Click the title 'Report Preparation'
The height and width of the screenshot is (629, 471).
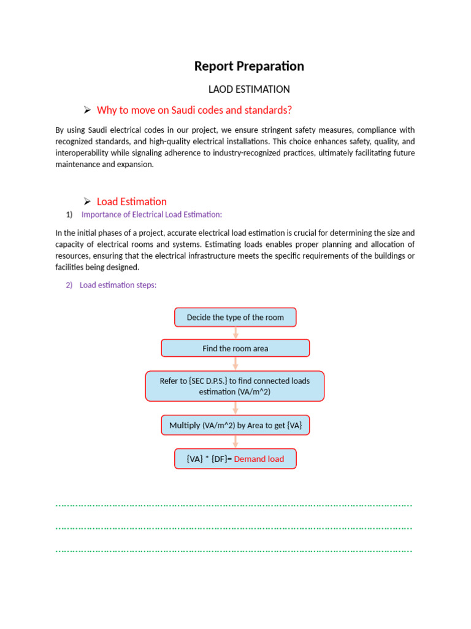pyautogui.click(x=249, y=66)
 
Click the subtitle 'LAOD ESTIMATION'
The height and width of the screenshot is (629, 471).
pyautogui.click(x=249, y=89)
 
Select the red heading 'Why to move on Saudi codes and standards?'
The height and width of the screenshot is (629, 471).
pyautogui.click(x=194, y=110)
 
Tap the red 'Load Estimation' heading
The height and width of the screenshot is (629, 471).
pyautogui.click(x=132, y=201)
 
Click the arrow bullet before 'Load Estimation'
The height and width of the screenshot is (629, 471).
pyautogui.click(x=87, y=201)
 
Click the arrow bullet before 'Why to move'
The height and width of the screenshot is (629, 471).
pyautogui.click(x=87, y=110)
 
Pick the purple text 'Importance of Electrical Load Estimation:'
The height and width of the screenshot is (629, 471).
pyautogui.click(x=151, y=214)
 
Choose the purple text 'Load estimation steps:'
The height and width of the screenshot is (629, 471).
pyautogui.click(x=118, y=285)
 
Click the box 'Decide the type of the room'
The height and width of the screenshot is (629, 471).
pyautogui.click(x=235, y=318)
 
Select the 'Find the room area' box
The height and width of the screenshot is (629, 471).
pyautogui.click(x=235, y=348)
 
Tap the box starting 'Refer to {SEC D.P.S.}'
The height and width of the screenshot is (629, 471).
pyautogui.click(x=235, y=386)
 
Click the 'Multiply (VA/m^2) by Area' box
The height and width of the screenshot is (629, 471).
pyautogui.click(x=235, y=425)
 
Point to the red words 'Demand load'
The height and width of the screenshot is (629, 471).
pyautogui.click(x=259, y=459)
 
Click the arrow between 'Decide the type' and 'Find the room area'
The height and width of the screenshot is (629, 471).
pyautogui.click(x=235, y=333)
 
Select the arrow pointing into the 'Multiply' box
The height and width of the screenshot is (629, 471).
pyautogui.click(x=235, y=408)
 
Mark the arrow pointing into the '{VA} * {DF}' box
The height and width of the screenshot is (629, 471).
pyautogui.click(x=235, y=442)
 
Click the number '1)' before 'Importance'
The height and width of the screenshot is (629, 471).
pyautogui.click(x=69, y=214)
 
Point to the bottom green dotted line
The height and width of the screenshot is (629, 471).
pyautogui.click(x=234, y=551)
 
